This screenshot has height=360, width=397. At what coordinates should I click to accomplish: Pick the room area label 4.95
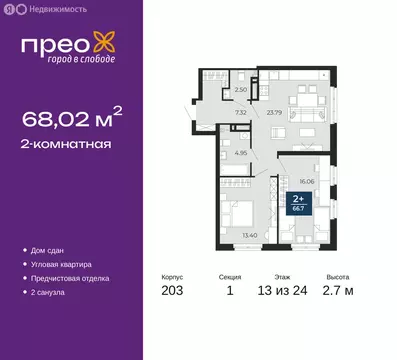241,153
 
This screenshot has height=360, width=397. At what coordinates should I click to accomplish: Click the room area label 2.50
226,90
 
